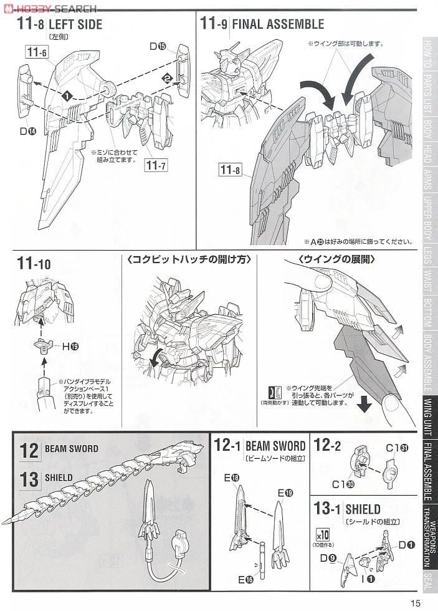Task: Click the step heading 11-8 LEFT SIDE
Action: (x=59, y=25)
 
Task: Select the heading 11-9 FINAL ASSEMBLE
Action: (x=262, y=24)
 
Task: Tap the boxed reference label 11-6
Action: (x=37, y=53)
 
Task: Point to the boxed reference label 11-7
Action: (x=156, y=165)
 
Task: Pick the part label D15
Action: (x=158, y=46)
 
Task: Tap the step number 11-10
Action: (x=35, y=264)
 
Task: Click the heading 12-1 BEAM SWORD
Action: (x=260, y=446)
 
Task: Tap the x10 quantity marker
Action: (x=322, y=534)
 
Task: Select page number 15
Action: (x=416, y=602)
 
